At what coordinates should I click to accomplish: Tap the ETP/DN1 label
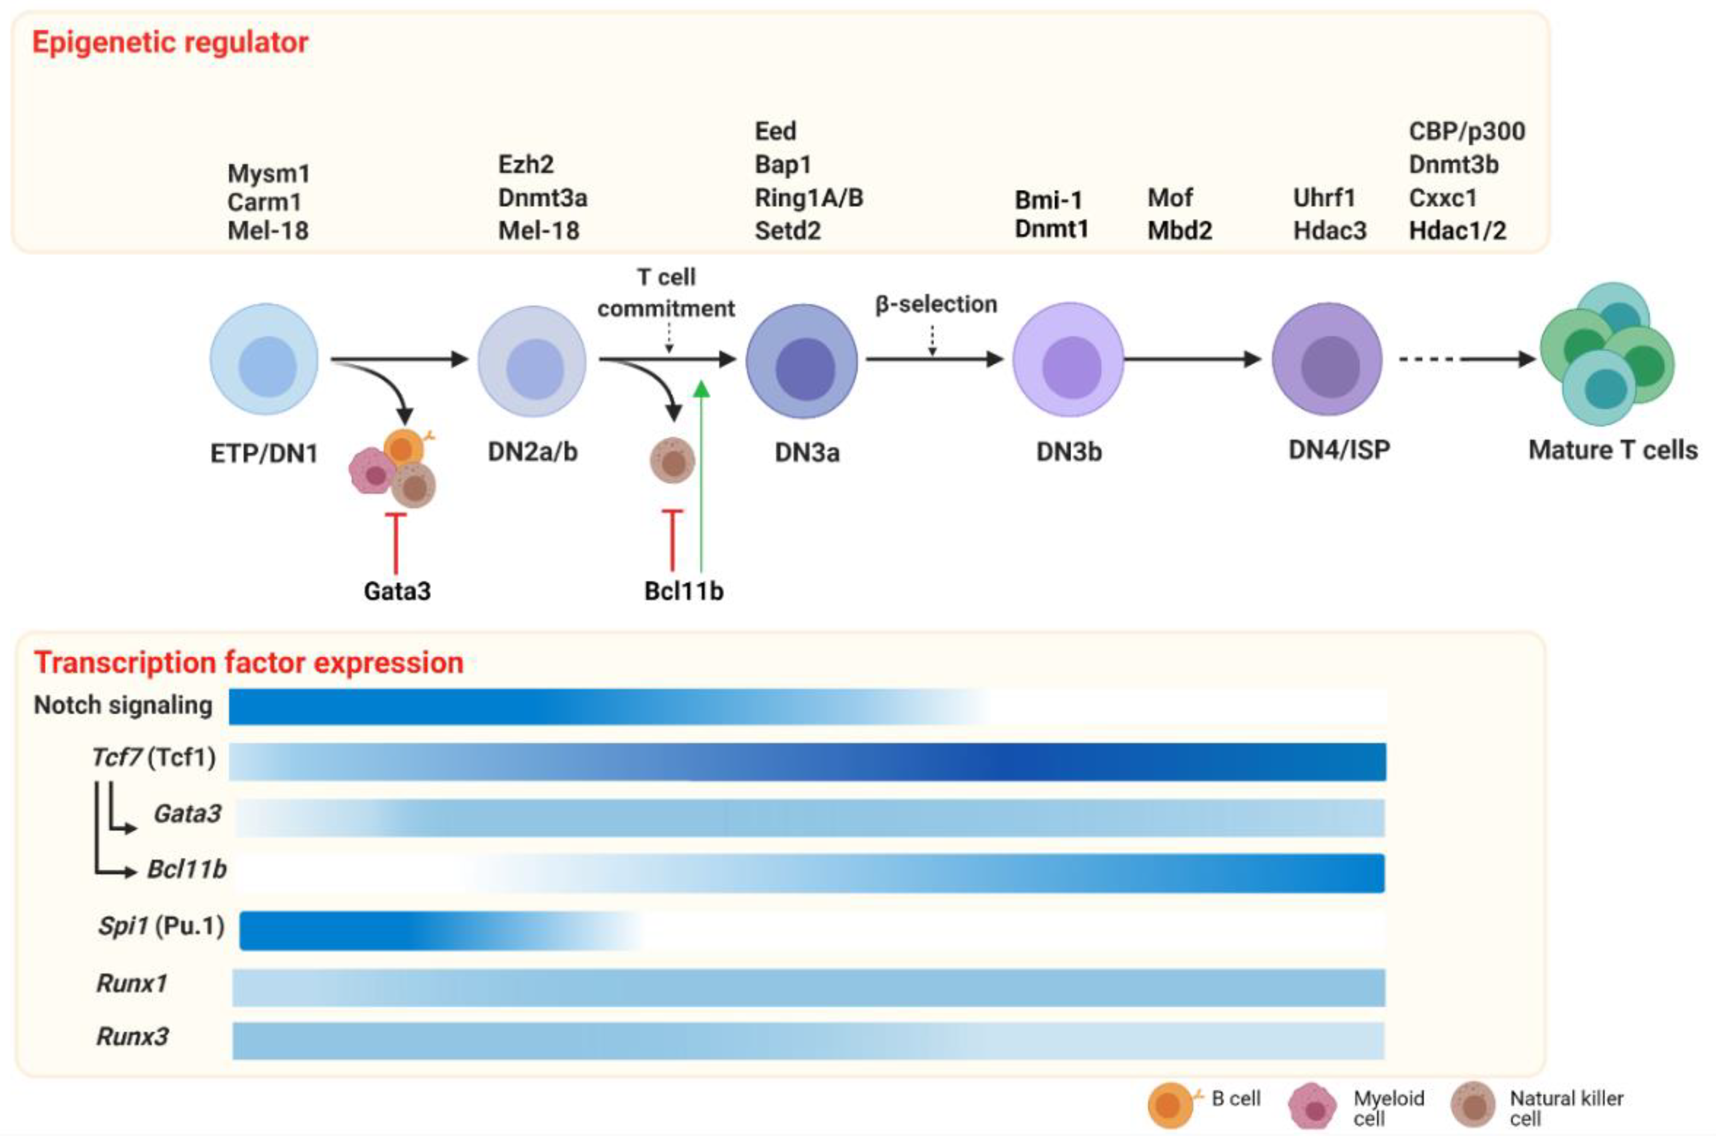pos(264,453)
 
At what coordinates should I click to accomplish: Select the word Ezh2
pos(525,164)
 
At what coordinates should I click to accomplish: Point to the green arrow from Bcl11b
pos(701,483)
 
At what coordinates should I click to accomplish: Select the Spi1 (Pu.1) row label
pos(161,926)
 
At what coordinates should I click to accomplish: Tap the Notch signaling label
pos(123,705)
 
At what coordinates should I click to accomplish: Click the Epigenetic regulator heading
pos(170,43)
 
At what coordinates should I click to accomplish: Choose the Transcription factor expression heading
pos(249,663)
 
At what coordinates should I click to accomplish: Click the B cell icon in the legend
pos(1169,1104)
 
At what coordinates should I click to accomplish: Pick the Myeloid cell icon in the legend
pos(1314,1106)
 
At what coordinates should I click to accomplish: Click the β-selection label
pos(936,304)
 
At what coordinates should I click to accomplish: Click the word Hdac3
pos(1329,230)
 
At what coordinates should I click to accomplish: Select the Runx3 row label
pos(132,1037)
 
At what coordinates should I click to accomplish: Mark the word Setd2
pos(787,230)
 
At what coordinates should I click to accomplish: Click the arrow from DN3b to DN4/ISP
pos(1193,359)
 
